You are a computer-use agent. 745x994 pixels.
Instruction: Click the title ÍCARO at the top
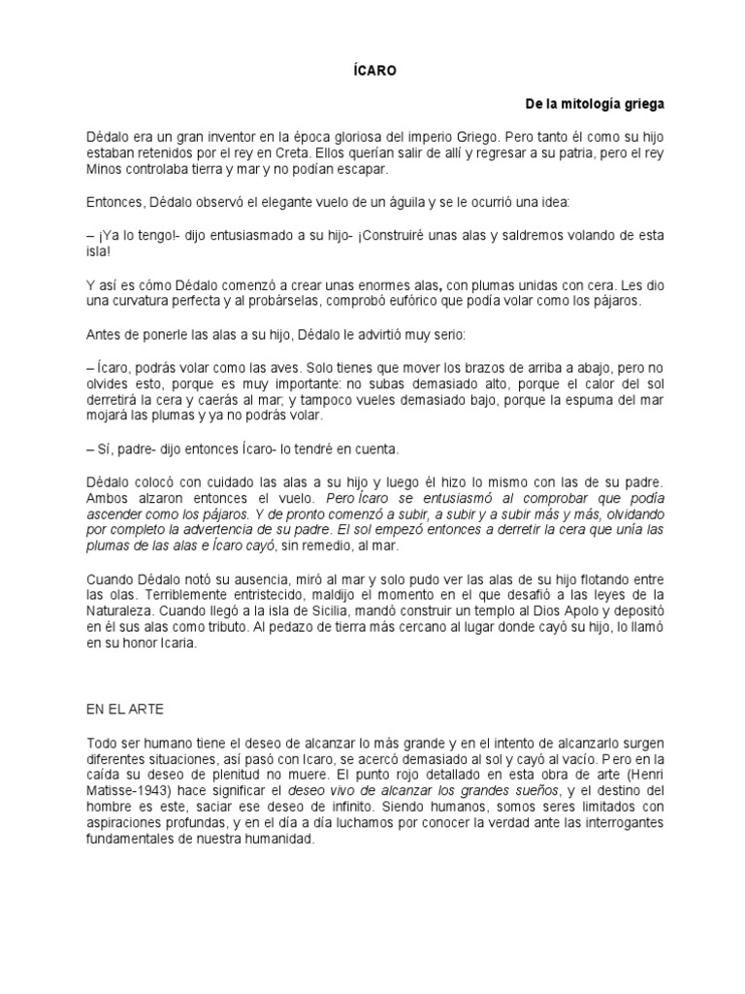[372, 70]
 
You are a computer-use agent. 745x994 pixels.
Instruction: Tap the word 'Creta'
[282, 153]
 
